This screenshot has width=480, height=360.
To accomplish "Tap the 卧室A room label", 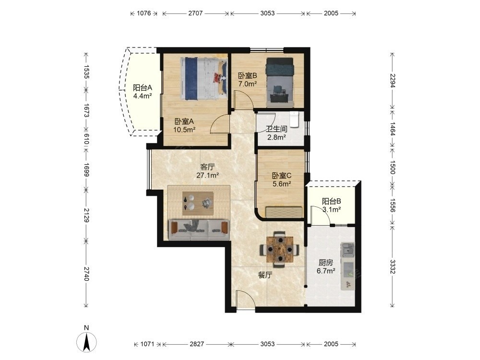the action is click(184, 121).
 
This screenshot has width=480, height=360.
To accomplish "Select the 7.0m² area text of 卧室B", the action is click(247, 84).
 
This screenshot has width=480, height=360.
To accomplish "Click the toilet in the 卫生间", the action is click(294, 119).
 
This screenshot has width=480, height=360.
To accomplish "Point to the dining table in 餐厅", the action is click(279, 250).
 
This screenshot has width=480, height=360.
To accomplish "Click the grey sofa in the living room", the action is click(199, 229).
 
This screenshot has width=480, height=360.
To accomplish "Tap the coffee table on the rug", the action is click(198, 203).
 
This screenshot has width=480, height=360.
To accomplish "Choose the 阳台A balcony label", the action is click(143, 88).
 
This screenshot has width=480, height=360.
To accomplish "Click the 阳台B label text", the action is click(331, 202).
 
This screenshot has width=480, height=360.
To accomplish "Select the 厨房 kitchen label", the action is click(326, 263).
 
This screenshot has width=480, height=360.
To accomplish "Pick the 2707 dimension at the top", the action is click(195, 13).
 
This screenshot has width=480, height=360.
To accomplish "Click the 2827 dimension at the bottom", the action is click(196, 344).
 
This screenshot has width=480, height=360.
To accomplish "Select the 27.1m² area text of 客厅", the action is click(207, 175).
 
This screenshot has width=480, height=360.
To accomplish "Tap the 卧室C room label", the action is click(282, 176).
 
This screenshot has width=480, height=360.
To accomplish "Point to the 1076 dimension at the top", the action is click(144, 13).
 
